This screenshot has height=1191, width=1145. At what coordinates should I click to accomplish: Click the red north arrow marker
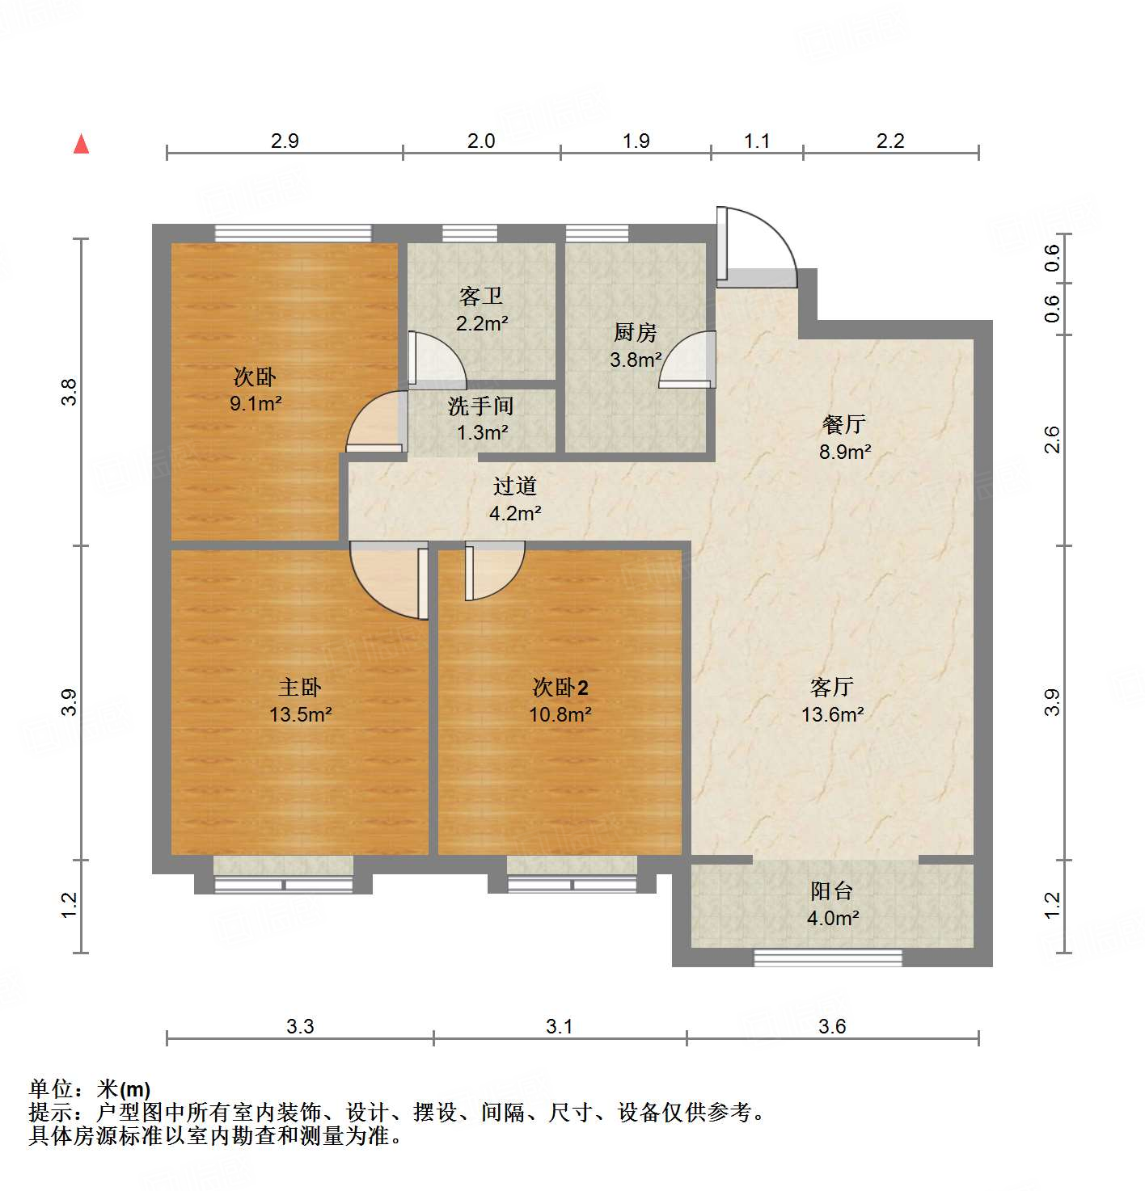81,144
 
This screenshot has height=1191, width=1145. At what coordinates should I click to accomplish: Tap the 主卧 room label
300,688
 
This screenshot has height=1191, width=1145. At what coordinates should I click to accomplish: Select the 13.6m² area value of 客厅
832,714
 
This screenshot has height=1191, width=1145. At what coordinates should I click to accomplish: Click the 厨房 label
635,332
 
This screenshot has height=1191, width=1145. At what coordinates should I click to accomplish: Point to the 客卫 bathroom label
481,297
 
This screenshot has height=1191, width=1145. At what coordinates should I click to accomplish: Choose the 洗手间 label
481,406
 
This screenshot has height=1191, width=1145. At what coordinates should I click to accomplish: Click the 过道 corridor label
515,486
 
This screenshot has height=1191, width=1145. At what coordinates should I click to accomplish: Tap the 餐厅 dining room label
843,424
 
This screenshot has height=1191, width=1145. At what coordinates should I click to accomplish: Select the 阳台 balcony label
831,891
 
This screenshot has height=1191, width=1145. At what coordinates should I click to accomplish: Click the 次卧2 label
560,688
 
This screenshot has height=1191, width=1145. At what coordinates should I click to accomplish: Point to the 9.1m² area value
256,403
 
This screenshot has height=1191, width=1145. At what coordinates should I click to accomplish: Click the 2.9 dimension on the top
285,141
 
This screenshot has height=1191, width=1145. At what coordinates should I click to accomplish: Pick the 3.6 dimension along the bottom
832,1026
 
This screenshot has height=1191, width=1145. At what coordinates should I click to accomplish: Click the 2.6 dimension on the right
1051,440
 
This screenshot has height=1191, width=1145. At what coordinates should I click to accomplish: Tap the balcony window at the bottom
827,958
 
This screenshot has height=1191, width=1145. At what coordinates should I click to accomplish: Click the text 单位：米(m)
90,1088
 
